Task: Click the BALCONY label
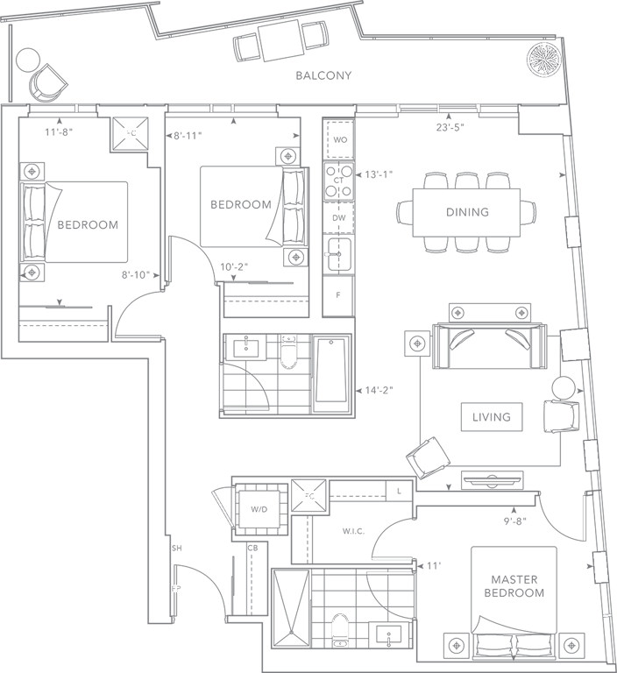click(x=323, y=75)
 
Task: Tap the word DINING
click(x=466, y=212)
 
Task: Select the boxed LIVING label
click(x=491, y=417)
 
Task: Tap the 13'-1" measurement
click(x=379, y=174)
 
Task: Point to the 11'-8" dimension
click(x=59, y=133)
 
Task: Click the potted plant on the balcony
click(x=542, y=59)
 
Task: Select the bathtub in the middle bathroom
click(x=332, y=375)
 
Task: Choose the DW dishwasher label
click(x=338, y=218)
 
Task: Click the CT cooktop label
click(x=338, y=179)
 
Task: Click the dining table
click(x=466, y=212)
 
